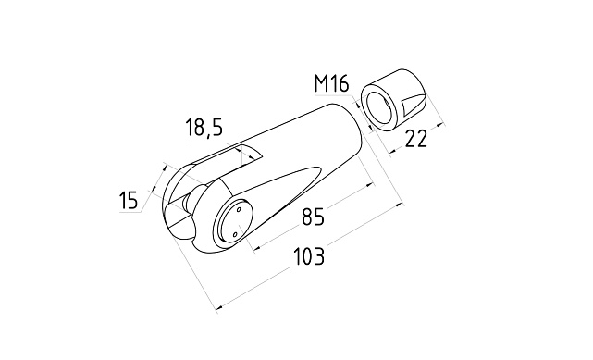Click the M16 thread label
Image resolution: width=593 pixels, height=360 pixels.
coord(331,83)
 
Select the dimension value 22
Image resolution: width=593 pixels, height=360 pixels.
coord(416,139)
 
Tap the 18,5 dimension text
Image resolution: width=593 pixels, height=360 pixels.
coord(204,128)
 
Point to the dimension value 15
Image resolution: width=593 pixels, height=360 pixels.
coord(129,200)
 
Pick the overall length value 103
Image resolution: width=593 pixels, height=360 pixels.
coord(309,256)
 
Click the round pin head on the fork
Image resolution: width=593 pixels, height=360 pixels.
coord(234,221)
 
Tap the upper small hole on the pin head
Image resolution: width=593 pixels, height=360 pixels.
coord(239,209)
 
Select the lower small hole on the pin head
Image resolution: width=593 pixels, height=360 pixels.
coord(234,235)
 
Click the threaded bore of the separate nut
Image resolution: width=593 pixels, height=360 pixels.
coord(379,106)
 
